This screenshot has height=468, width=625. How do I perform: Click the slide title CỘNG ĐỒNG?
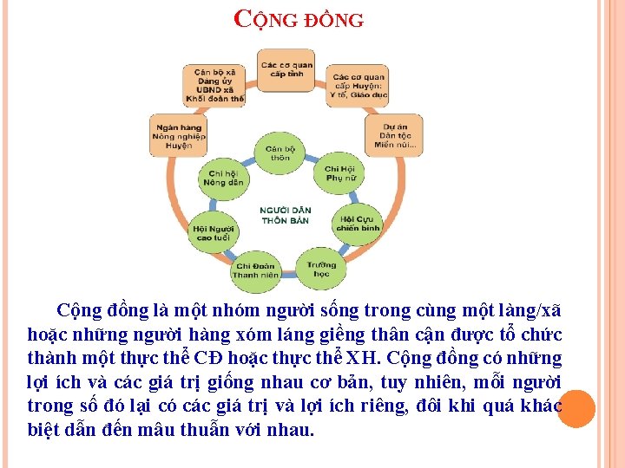tap(300, 18)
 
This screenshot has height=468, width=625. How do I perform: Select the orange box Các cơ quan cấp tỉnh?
tap(286, 68)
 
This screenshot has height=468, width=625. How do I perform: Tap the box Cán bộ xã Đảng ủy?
tap(214, 85)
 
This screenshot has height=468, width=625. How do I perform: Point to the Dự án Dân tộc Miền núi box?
tap(396, 135)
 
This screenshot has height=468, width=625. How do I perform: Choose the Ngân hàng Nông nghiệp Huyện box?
tap(178, 135)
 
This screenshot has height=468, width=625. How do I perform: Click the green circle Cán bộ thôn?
tap(280, 153)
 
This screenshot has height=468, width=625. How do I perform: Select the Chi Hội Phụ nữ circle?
tap(339, 173)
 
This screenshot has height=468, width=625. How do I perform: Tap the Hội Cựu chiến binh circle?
tap(358, 223)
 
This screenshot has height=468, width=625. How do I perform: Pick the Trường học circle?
tap(321, 269)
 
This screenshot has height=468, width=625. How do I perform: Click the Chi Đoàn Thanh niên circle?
tap(255, 270)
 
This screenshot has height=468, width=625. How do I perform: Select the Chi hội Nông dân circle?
tap(223, 178)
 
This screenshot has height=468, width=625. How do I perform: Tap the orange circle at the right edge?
tap(576, 409)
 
